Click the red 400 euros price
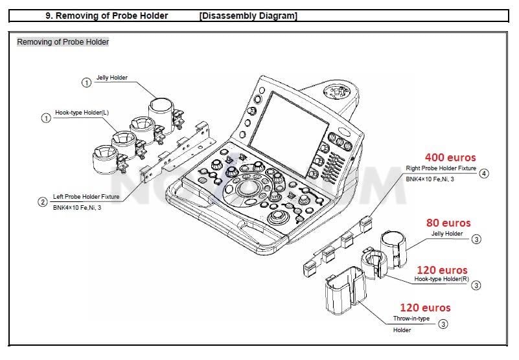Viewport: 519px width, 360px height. (x=450, y=157)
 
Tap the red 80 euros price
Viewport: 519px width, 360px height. (x=448, y=223)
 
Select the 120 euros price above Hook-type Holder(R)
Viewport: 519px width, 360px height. (x=442, y=270)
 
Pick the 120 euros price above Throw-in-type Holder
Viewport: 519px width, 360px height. (x=425, y=308)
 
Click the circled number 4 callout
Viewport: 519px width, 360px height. (x=484, y=174)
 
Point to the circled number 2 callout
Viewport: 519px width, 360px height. (x=43, y=202)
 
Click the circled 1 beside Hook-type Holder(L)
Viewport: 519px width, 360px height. (x=46, y=118)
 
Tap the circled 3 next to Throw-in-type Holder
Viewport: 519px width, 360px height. (x=443, y=324)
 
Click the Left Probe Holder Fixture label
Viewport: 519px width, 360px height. (x=86, y=197)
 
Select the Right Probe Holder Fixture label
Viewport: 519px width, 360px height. (x=441, y=168)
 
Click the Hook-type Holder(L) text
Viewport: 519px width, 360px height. (x=82, y=113)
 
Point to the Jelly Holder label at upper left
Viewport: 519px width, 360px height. (x=112, y=78)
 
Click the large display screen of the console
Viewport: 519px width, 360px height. (x=288, y=129)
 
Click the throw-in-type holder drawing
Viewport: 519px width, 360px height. (x=345, y=291)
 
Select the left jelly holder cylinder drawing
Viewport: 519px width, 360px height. (x=161, y=115)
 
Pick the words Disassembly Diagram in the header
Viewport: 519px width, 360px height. (x=248, y=16)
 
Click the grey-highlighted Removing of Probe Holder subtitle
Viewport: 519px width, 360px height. (x=63, y=42)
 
